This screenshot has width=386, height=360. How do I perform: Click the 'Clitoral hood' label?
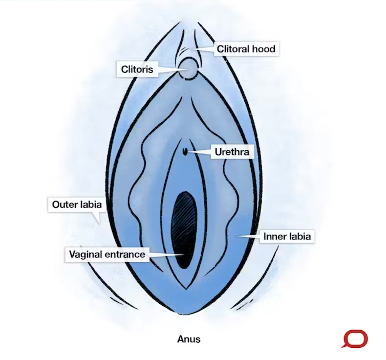[246, 49]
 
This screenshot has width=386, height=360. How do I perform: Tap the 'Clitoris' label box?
[137, 69]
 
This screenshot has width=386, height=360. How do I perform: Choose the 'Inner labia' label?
[287, 237]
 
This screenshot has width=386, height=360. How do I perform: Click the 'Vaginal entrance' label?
[107, 254]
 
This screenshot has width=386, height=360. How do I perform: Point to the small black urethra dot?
[184, 151]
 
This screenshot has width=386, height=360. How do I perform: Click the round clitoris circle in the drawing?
[189, 68]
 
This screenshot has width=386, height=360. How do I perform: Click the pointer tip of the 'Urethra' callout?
[191, 151]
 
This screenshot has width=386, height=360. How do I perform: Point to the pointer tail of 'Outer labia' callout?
[98, 220]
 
